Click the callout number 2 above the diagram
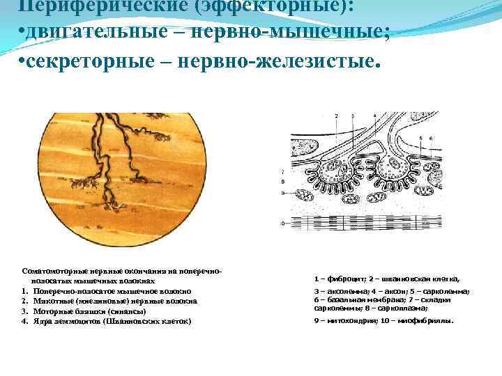(x=337, y=115)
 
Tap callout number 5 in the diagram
(x=422, y=139)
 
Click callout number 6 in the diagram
(x=432, y=139)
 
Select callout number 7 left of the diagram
(x=282, y=172)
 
